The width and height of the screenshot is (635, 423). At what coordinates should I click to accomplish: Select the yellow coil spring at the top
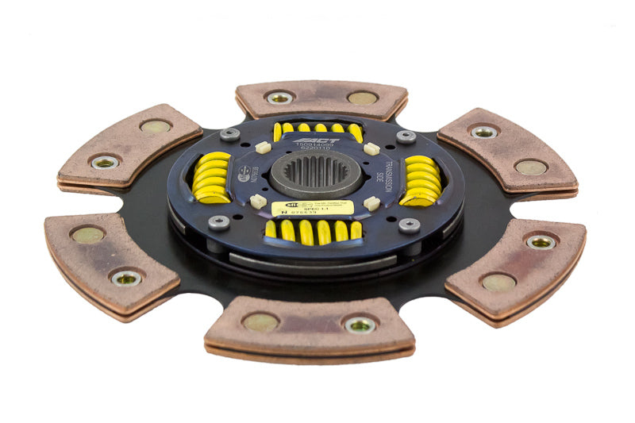click(x=317, y=129)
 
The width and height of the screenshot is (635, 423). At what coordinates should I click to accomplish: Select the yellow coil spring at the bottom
click(x=314, y=231)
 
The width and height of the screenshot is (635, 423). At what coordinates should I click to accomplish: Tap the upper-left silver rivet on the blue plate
click(x=230, y=135)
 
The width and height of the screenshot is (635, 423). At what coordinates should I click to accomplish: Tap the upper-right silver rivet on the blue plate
click(x=406, y=137)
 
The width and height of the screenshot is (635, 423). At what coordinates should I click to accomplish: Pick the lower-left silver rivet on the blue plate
click(x=219, y=221)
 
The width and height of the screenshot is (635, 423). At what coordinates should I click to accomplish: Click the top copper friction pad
click(x=321, y=98)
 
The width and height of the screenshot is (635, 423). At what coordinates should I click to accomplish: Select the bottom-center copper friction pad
click(x=310, y=325)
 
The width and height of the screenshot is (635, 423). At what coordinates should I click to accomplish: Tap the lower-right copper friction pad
click(x=516, y=262)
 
